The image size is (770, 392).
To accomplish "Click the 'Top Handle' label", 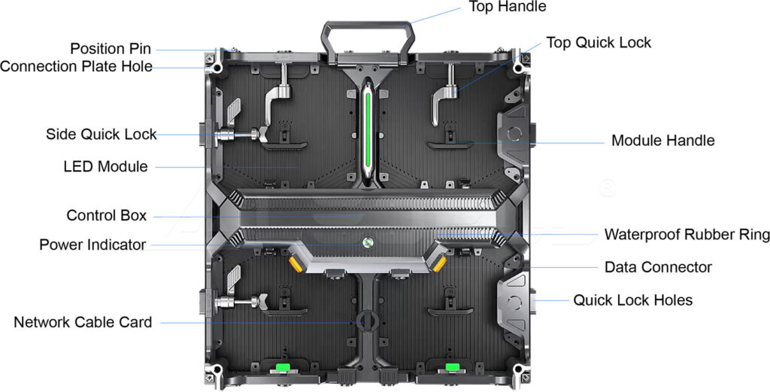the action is (508, 7).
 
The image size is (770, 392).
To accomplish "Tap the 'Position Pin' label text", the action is (111, 49).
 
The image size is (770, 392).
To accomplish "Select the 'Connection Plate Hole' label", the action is (76, 66).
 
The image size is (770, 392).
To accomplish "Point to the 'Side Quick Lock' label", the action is (102, 134).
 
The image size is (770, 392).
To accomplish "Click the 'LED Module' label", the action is (105, 166).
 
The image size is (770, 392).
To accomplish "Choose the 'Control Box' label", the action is (107, 215).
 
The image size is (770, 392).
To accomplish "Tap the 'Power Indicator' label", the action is (92, 245).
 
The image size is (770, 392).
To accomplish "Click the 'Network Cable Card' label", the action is (83, 322).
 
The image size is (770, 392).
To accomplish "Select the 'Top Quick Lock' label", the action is (599, 43).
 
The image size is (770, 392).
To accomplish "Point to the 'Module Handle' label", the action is (663, 141).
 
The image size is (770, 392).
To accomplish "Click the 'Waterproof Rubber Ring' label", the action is (687, 234).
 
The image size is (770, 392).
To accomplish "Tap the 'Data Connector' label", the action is (658, 267).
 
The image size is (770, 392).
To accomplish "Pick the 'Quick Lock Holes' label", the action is (633, 300).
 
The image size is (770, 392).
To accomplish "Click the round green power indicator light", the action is (368, 242).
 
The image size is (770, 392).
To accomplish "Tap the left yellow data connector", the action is (294, 263).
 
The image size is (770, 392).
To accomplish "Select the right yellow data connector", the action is (439, 263).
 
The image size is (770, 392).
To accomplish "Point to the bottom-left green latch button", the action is (282, 367).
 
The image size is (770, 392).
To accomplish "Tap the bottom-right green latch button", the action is (452, 367).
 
